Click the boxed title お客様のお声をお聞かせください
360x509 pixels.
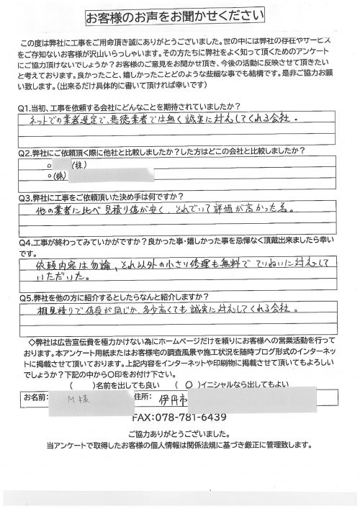pyautogui.click(x=180, y=16)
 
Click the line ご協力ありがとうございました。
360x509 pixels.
pyautogui.click(x=180, y=434)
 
